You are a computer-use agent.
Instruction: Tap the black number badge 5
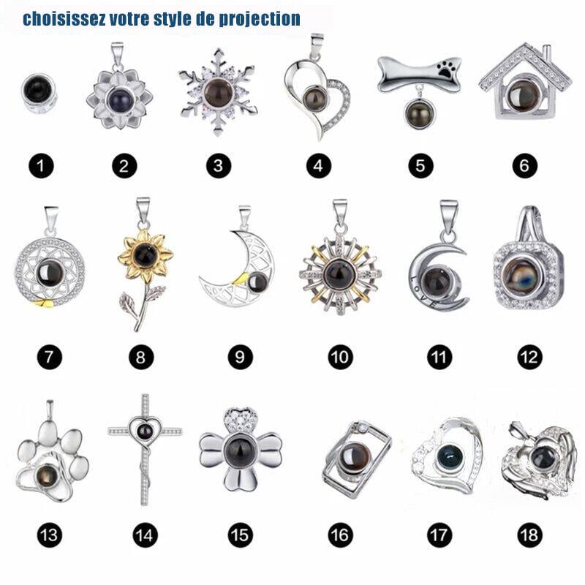pos(420,166)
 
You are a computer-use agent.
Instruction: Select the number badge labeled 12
pos(529,358)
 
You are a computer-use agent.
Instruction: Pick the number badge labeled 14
pos(145,535)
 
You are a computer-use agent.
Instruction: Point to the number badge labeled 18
pos(529,535)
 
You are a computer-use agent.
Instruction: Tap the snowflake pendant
pos(218,92)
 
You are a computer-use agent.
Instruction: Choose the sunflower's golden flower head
pos(146,255)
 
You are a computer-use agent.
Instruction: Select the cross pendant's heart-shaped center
pos(145,432)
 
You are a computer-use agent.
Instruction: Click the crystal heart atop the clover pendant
pos(240,420)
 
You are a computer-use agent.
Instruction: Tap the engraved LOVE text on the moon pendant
pos(423,291)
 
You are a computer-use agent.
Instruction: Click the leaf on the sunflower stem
pos(127,303)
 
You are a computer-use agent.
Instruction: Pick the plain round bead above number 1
pos(39,93)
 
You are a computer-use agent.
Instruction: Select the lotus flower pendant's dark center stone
pos(119,99)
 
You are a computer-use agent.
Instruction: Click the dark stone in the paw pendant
pos(47,477)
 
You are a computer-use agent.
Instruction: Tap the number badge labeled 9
pos(241,358)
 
